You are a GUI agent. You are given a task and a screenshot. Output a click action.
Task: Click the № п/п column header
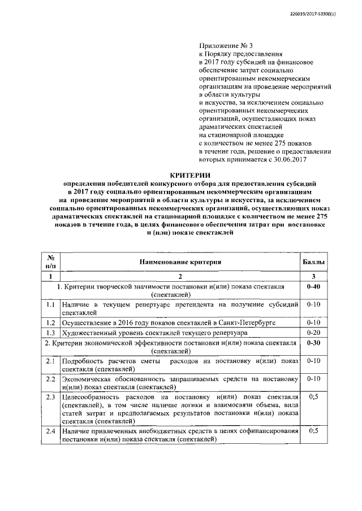[x=50, y=261]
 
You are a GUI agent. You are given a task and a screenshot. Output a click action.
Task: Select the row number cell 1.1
[x=50, y=304]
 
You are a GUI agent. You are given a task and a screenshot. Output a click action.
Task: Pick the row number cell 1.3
[x=50, y=333]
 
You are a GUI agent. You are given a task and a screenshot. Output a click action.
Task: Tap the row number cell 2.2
[x=50, y=379]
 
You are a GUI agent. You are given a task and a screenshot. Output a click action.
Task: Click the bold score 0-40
[x=313, y=287]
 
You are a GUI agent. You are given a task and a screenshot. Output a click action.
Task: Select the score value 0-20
[x=313, y=333]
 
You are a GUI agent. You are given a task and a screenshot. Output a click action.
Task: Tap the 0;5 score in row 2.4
[x=313, y=431]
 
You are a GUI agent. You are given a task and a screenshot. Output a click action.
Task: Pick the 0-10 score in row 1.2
[x=313, y=322]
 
